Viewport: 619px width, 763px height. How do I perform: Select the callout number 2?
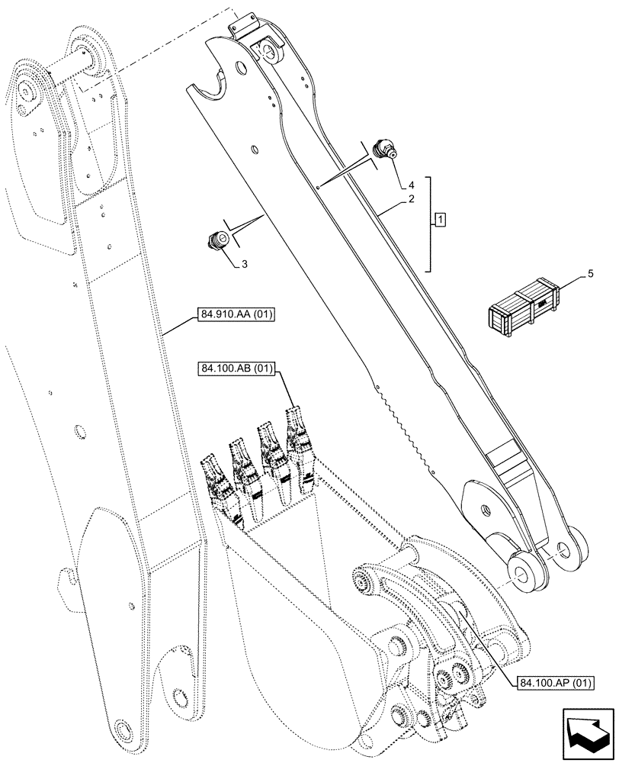tap(410, 199)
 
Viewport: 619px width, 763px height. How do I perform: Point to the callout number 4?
tap(410, 185)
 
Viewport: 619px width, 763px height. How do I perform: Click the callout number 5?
tap(591, 272)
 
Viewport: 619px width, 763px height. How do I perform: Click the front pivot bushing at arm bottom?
tap(525, 568)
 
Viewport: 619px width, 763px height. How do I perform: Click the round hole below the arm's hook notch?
tap(242, 69)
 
